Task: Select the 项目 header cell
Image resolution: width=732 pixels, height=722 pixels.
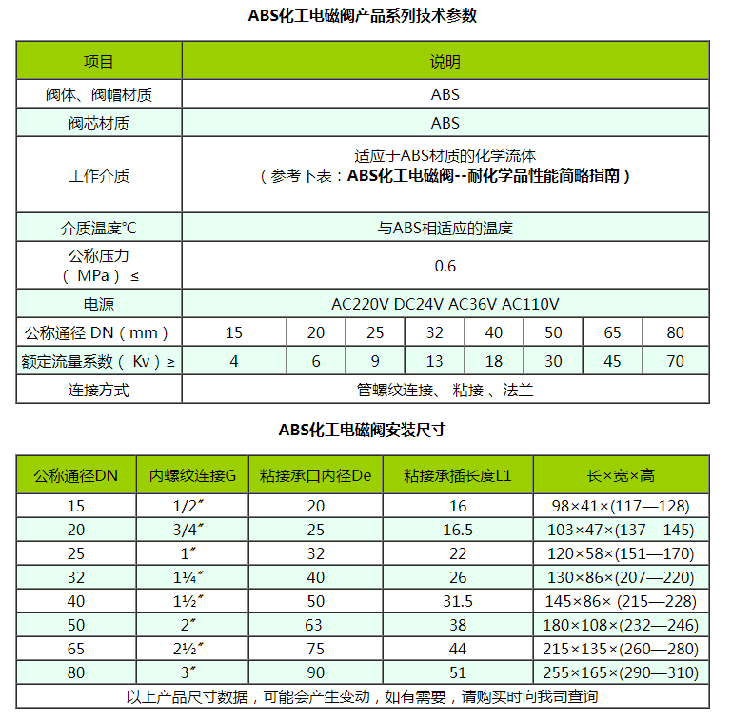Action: click(98, 62)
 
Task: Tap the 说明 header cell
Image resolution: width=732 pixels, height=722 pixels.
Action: click(445, 62)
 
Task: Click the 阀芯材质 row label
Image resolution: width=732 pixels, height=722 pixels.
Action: click(98, 123)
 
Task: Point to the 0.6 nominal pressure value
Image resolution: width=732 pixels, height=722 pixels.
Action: click(445, 266)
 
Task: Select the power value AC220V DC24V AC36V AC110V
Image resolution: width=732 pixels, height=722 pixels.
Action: click(445, 305)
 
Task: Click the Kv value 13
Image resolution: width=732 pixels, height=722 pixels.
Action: click(434, 361)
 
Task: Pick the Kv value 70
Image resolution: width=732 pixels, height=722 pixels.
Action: click(675, 361)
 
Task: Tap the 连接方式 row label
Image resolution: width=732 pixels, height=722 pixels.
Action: click(98, 390)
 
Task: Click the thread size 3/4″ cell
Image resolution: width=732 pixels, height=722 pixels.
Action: click(191, 530)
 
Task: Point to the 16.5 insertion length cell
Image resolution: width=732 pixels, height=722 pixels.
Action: click(458, 530)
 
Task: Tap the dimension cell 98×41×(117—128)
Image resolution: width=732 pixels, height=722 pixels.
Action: click(621, 507)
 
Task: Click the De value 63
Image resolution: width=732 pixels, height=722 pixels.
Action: click(315, 625)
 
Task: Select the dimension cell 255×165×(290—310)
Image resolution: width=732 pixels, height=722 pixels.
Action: click(621, 672)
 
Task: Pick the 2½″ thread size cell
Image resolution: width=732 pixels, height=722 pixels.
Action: click(191, 649)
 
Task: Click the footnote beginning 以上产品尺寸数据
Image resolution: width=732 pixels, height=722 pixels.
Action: click(362, 696)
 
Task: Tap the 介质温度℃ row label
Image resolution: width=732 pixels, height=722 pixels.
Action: click(98, 229)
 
